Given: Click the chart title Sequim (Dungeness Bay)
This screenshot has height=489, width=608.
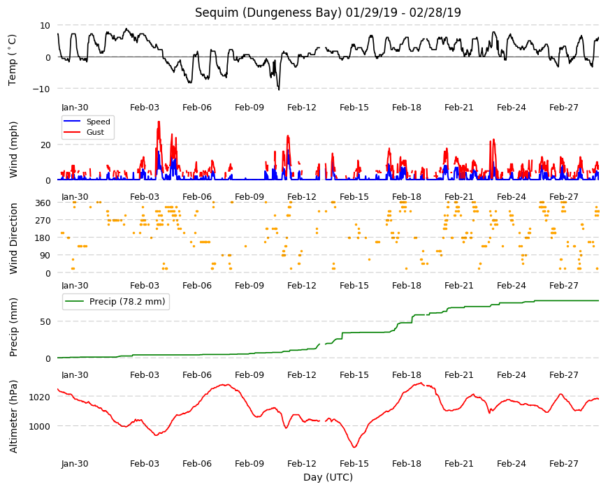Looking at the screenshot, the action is pos(268,13).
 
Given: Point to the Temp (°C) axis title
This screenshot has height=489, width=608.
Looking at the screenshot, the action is pos(13,59).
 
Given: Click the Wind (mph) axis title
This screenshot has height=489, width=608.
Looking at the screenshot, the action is pos(13,149).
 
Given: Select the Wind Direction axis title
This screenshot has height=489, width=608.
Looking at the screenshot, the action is pos(13,238).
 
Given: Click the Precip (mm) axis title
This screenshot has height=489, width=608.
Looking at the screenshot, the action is pos(13,327).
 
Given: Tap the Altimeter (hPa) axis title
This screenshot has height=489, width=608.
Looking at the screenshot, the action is pos(13,416).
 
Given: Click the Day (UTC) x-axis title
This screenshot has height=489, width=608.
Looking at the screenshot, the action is pos(328,477).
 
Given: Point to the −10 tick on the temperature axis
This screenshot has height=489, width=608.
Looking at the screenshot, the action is pos(41,89).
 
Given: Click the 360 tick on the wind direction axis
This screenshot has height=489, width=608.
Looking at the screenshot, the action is pos(43,203).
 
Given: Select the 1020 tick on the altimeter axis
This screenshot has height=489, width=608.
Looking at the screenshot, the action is pos(40,397).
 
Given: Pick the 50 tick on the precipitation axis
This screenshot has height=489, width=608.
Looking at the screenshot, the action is pos(45,321).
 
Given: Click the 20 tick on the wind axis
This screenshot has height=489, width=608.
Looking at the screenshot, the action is pos(45,145).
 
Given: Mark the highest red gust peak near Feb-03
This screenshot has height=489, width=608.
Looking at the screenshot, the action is pos(159,122).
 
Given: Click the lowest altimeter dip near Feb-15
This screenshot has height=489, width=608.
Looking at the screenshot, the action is pos(354,447).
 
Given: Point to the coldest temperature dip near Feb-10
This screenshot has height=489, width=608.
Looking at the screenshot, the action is pos(279,89).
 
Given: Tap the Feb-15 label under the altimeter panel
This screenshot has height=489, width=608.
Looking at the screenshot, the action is pos(354,463).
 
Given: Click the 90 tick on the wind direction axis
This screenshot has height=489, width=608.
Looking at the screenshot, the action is pos(45,256).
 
